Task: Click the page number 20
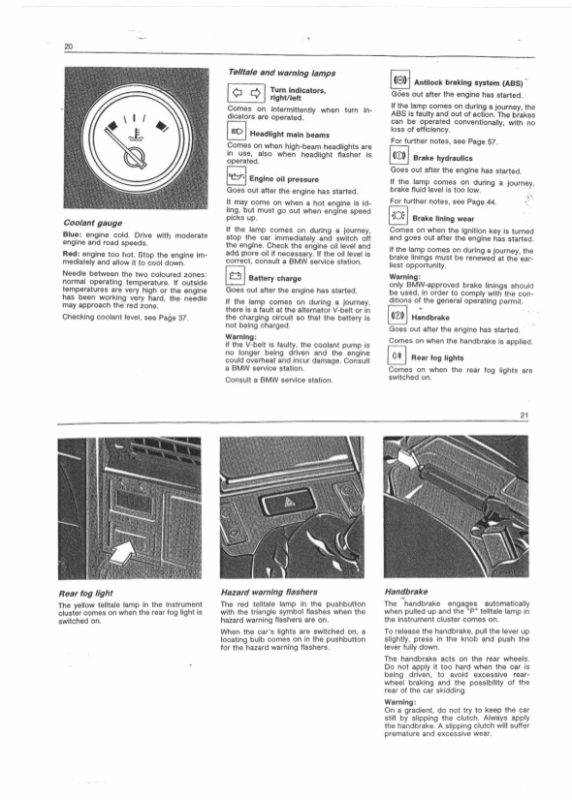tap(69, 46)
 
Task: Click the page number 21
tap(524, 415)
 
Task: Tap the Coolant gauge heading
tap(93, 223)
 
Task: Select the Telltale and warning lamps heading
tap(281, 73)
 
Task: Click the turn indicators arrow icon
tap(245, 93)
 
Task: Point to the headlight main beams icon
tap(237, 133)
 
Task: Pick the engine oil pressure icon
tap(236, 177)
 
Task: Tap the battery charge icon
tap(235, 277)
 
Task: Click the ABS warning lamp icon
tap(399, 80)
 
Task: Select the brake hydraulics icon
tap(398, 155)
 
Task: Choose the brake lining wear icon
tap(398, 216)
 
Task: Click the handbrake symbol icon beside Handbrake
tap(397, 316)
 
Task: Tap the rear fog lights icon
tap(397, 355)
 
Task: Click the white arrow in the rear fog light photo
tap(123, 552)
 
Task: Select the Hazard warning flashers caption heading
tap(270, 592)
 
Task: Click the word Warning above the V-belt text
tap(241, 337)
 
